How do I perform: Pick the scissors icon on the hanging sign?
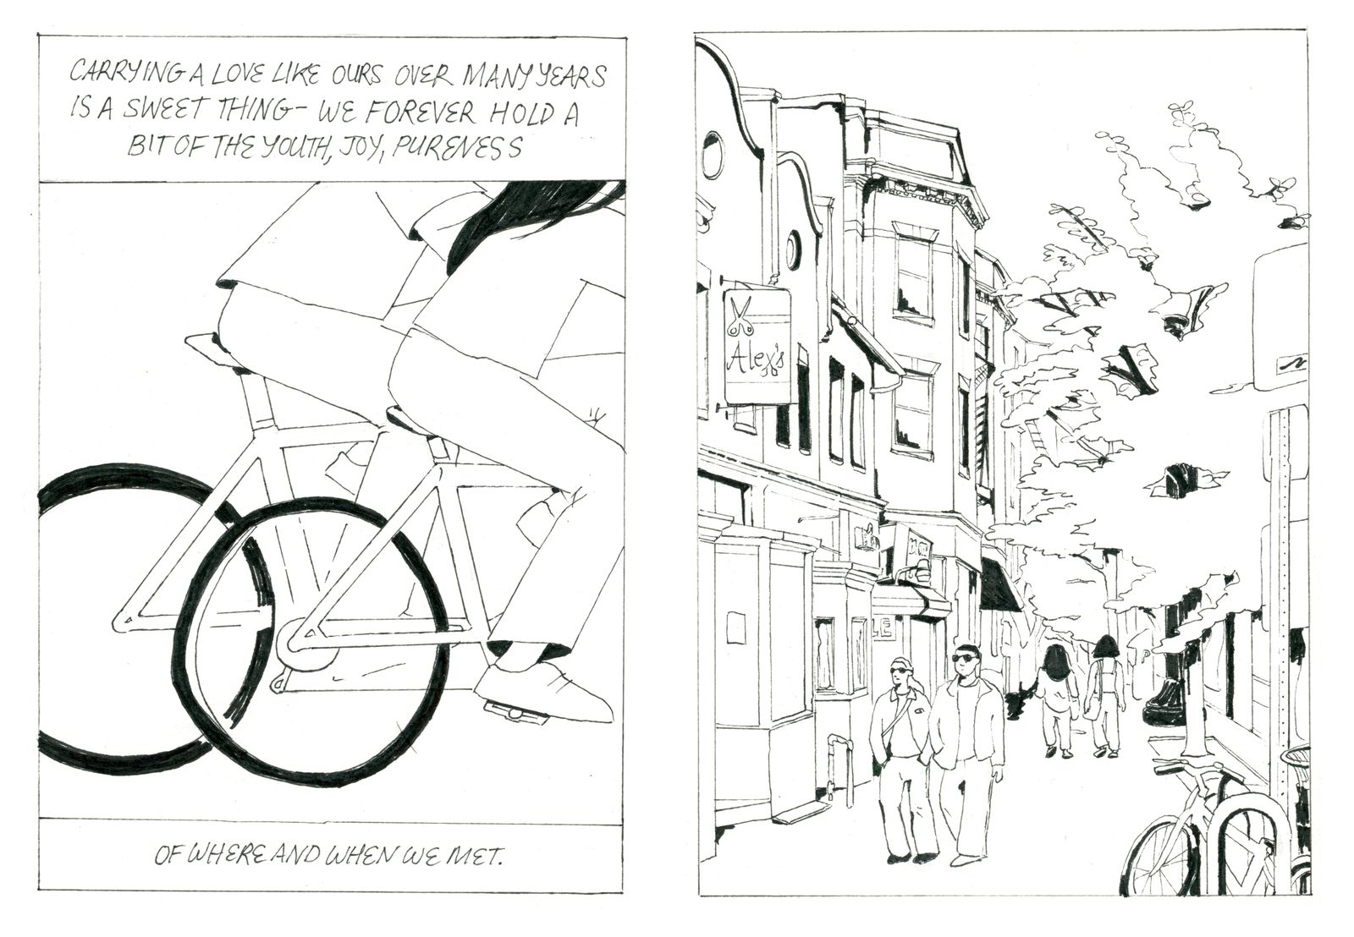coord(740,314)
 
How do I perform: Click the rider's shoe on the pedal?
coord(544,693)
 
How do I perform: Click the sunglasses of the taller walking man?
coord(964,658)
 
